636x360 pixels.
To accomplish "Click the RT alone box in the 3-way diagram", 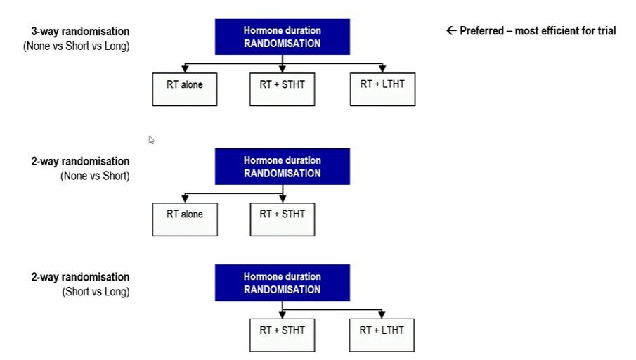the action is point(185,89).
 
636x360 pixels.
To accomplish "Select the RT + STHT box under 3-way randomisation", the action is point(283,89).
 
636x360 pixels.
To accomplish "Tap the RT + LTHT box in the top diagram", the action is point(382,89).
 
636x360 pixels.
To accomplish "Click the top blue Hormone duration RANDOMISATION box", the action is point(283,37).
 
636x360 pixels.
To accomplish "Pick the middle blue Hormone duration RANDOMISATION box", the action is point(283,167).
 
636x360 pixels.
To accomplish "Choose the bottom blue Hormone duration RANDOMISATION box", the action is point(283,283).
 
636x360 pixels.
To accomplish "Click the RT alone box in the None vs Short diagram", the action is point(185,219).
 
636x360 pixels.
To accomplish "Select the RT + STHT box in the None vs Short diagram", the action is point(283,219).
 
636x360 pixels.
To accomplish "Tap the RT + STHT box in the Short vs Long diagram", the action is point(283,335).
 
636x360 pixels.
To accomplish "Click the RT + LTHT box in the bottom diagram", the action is point(382,335).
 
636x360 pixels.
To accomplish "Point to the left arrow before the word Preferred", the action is point(451,30).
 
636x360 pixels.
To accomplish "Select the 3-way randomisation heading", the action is point(80,31).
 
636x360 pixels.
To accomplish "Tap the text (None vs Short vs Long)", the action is point(77,46).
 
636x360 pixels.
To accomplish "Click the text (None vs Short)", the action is point(95,176).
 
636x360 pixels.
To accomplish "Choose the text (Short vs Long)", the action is point(96,292).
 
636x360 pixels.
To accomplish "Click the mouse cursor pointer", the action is point(151,140).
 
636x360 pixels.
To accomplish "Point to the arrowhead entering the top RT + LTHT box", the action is point(382,69).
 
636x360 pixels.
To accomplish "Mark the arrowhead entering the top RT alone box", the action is point(185,69).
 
